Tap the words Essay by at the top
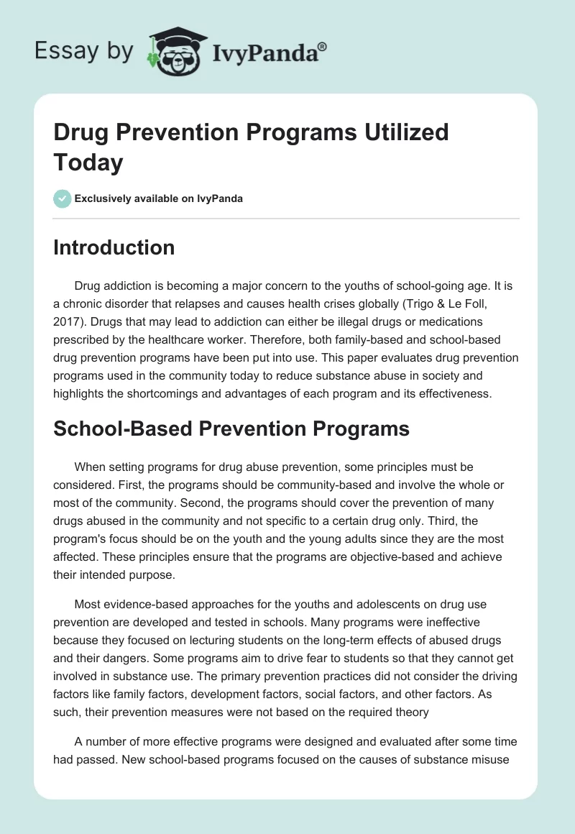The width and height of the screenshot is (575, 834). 83,51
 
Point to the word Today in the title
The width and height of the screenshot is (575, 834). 88,162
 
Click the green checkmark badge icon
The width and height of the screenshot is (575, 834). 63,198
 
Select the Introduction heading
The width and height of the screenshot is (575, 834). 114,247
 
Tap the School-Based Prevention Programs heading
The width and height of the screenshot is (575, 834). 231,429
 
